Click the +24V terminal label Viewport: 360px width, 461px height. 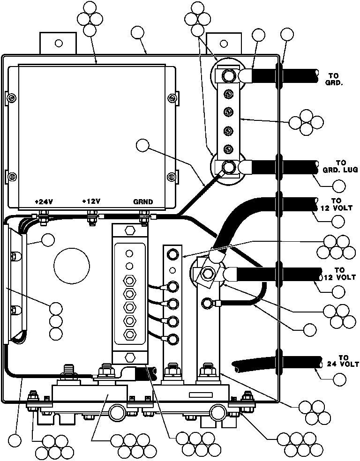44,201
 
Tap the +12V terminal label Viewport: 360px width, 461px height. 91,201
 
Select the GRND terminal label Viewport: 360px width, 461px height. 143,201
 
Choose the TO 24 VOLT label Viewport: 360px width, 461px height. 343,361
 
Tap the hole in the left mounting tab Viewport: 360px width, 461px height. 59,43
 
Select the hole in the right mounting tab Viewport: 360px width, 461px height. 224,44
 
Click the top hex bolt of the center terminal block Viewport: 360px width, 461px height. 129,230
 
